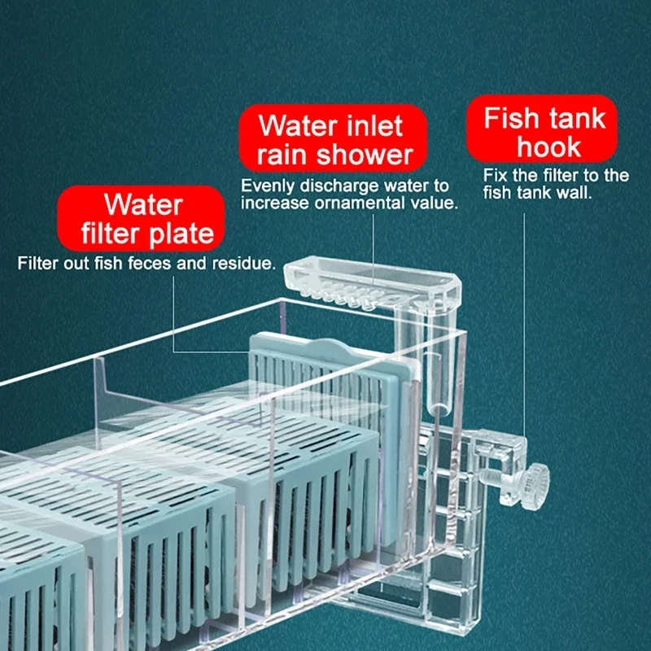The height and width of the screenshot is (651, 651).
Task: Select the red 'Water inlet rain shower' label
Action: click(x=332, y=140)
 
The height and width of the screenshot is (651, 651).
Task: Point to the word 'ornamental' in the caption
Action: click(x=356, y=203)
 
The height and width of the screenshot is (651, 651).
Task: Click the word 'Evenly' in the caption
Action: click(x=262, y=187)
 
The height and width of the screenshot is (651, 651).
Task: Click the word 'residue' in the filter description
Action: click(x=252, y=264)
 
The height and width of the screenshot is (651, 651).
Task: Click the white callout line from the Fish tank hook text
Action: click(x=526, y=325)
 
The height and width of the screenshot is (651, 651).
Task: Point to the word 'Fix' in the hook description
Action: click(x=494, y=176)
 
